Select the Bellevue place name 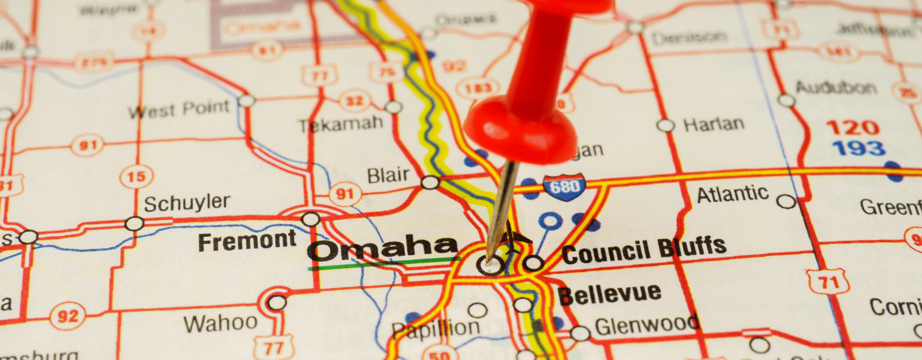click(609, 294)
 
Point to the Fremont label click(247, 241)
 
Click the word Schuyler click(187, 204)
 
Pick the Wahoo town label click(220, 323)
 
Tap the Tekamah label click(340, 124)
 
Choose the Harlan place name click(714, 124)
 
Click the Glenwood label click(646, 326)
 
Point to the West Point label click(179, 109)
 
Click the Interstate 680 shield click(564, 186)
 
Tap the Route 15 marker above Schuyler click(136, 177)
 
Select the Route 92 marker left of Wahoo click(67, 316)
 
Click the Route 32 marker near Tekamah click(354, 101)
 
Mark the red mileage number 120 click(852, 128)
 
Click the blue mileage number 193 click(859, 148)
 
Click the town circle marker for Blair click(430, 182)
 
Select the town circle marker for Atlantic click(786, 202)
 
